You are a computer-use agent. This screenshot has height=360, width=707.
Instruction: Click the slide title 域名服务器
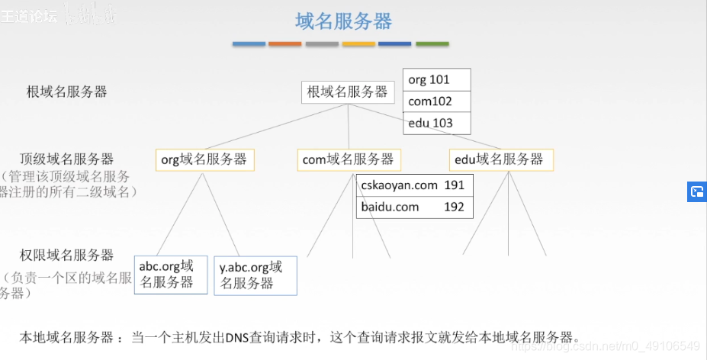[x=343, y=21]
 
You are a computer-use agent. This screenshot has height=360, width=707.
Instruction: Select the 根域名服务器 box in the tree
[x=348, y=92]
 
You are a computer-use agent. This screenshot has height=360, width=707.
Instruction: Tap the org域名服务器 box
[x=204, y=159]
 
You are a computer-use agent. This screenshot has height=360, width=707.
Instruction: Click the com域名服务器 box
[x=349, y=159]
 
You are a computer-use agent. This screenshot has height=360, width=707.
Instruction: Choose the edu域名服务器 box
[x=500, y=159]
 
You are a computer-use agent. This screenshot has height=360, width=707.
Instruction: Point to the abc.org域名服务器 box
[x=170, y=275]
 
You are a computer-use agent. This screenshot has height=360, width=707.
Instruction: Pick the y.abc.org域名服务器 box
[x=255, y=275]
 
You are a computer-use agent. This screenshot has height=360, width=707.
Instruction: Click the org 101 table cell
[x=436, y=79]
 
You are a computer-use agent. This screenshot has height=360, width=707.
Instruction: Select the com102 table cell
[x=436, y=101]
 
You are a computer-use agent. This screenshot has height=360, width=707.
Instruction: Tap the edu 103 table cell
[x=436, y=123]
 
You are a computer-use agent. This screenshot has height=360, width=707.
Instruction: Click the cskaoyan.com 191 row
[x=414, y=185]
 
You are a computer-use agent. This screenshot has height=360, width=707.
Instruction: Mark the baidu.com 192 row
[x=414, y=207]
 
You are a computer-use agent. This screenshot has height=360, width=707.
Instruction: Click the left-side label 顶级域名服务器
[x=67, y=159]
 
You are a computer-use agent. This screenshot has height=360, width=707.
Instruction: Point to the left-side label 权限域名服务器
[x=67, y=255]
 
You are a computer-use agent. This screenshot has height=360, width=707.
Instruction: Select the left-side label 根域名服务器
[x=67, y=92]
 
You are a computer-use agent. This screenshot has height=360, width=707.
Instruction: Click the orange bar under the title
[x=285, y=44]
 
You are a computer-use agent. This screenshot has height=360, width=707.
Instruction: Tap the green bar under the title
[x=432, y=44]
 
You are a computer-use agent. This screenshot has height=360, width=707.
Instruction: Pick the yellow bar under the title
[x=358, y=44]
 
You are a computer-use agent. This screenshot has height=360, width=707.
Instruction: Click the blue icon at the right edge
[x=696, y=191]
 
